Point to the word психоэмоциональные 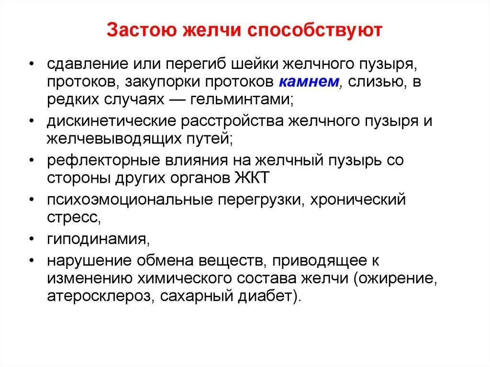(x=122, y=199)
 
